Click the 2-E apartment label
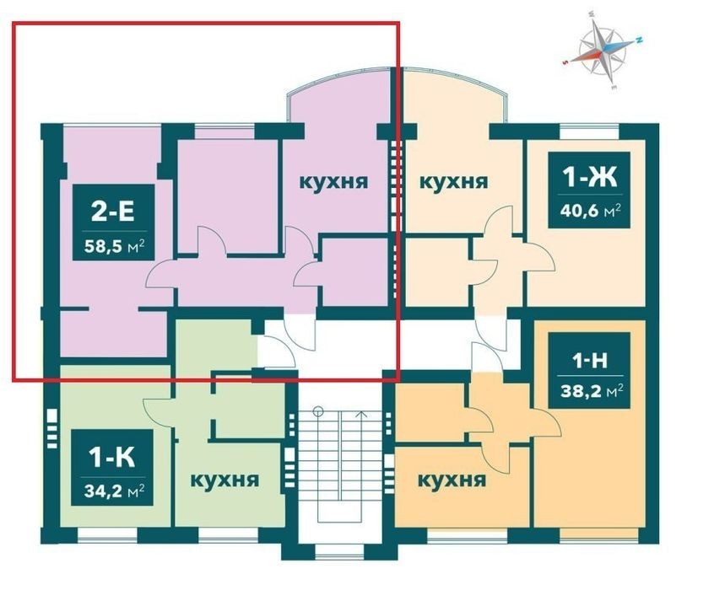tap(113, 211)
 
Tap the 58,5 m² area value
tap(115, 246)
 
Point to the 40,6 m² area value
tap(590, 210)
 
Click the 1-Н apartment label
tap(590, 361)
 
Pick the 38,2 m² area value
tap(590, 390)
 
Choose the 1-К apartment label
tap(112, 458)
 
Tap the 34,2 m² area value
tap(115, 491)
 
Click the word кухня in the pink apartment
tap(333, 182)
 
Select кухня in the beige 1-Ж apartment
tap(454, 182)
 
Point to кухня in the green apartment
tap(225, 480)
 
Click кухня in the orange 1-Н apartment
tap(452, 480)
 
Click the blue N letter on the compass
tap(640, 40)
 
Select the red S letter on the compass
tap(566, 62)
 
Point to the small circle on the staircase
tap(318, 410)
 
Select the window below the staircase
tap(339, 553)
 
